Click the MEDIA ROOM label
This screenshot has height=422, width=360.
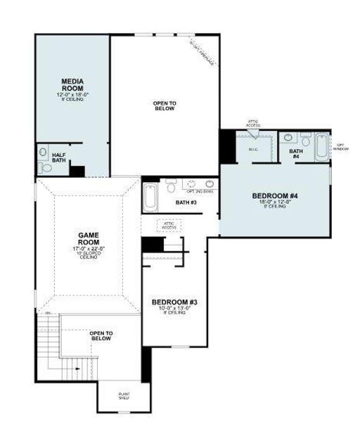(x=73, y=84)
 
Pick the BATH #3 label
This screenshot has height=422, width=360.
(x=186, y=203)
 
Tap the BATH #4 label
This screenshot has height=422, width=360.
(x=295, y=154)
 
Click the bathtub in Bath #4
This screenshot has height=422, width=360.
(x=320, y=148)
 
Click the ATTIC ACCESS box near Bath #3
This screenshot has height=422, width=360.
(x=169, y=226)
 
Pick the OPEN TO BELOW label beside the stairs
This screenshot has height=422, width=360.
(x=101, y=335)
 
